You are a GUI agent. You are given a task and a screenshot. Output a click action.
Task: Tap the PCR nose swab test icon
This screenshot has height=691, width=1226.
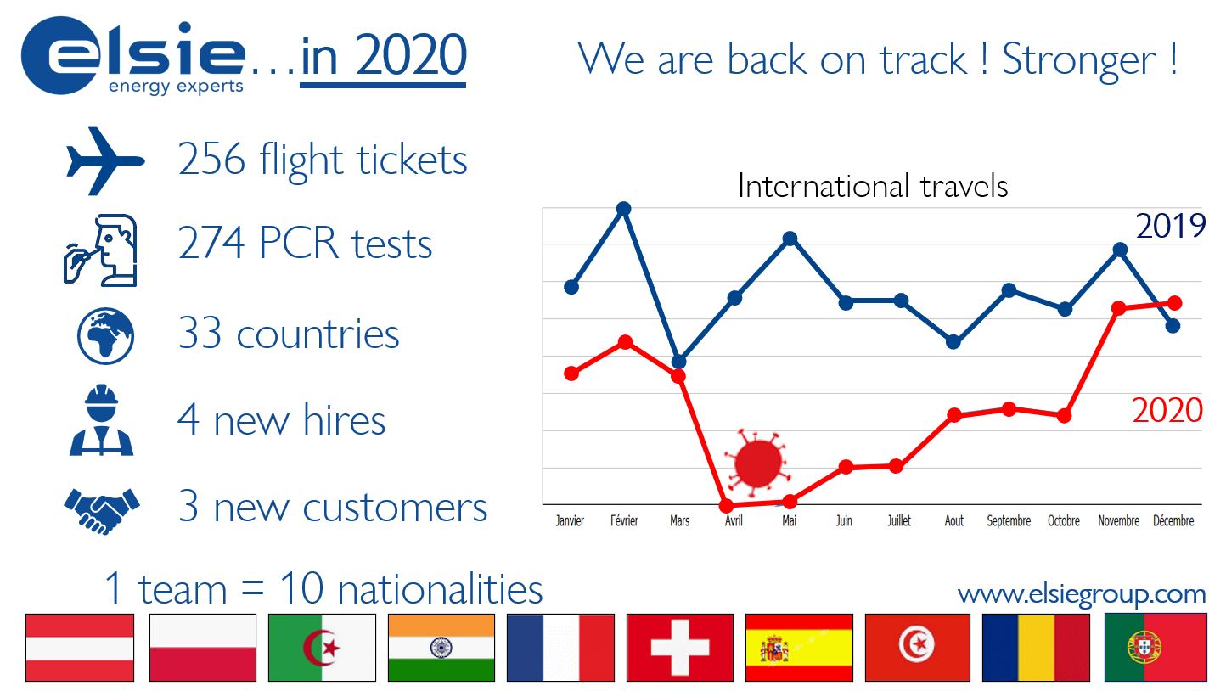point(101,250)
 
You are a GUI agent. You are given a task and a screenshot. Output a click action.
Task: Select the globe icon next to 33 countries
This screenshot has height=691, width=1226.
point(105,335)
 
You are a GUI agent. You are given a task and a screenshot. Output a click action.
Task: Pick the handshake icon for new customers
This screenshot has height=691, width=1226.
point(102,510)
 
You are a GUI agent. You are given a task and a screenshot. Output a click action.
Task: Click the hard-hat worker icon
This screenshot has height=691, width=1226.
point(101,420)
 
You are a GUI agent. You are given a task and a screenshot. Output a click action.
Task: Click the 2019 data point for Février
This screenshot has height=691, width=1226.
point(624,209)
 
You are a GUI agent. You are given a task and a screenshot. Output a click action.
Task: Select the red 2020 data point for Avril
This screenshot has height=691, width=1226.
point(726,505)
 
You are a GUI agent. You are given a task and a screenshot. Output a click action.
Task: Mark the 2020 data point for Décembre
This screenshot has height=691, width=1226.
point(1174,302)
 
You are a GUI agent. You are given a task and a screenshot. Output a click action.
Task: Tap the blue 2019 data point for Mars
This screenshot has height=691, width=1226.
point(678,362)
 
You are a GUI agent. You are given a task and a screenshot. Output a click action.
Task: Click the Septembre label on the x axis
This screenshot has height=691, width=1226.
point(1009,521)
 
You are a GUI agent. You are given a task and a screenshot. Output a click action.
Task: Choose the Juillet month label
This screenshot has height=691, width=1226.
point(899,520)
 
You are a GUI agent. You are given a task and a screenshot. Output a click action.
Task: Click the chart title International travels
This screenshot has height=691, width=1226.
point(873,186)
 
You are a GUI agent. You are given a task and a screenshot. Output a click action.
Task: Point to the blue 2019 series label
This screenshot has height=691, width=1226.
point(1171,226)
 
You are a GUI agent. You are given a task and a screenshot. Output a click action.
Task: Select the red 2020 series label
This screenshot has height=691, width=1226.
point(1167,410)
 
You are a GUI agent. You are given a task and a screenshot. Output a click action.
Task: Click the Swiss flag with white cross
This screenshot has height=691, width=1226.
point(680,648)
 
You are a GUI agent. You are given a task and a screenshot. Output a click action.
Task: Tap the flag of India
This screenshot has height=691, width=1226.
point(441,648)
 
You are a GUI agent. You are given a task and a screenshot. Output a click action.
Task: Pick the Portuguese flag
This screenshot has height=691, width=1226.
point(1156,648)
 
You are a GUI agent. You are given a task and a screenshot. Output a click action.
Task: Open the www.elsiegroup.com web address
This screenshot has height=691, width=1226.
point(1082,594)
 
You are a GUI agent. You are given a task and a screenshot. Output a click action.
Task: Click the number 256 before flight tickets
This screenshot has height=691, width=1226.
point(211,160)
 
